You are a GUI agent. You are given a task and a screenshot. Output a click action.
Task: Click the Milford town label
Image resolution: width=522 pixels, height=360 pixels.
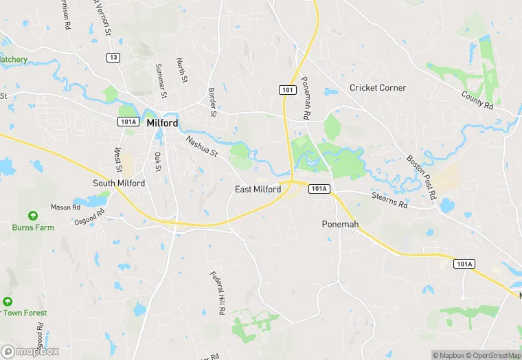pyautogui.click(x=162, y=123)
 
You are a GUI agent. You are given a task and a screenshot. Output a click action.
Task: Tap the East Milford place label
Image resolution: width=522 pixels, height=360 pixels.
pyautogui.click(x=258, y=190)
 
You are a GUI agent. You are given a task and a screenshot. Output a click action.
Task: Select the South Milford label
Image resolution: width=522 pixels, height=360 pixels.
pyautogui.click(x=119, y=183)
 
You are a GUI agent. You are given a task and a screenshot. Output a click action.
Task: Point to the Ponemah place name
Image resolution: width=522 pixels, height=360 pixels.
pyautogui.click(x=341, y=225)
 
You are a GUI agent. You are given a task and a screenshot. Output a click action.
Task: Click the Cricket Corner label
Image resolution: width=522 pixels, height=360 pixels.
pyautogui.click(x=378, y=88)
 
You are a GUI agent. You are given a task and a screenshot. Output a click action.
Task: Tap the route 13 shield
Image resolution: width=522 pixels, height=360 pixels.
pyautogui.click(x=113, y=57)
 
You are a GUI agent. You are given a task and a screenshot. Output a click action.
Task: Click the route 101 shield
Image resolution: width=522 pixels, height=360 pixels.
pyautogui.click(x=287, y=90)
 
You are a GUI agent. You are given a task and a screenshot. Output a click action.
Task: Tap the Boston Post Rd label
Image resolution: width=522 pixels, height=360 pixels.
pyautogui.click(x=421, y=177)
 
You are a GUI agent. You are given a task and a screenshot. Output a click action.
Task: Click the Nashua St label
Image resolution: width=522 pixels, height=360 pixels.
pyautogui.click(x=201, y=146)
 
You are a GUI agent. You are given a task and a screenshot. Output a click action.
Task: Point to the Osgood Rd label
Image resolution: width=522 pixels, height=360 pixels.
pyautogui.click(x=89, y=216)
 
